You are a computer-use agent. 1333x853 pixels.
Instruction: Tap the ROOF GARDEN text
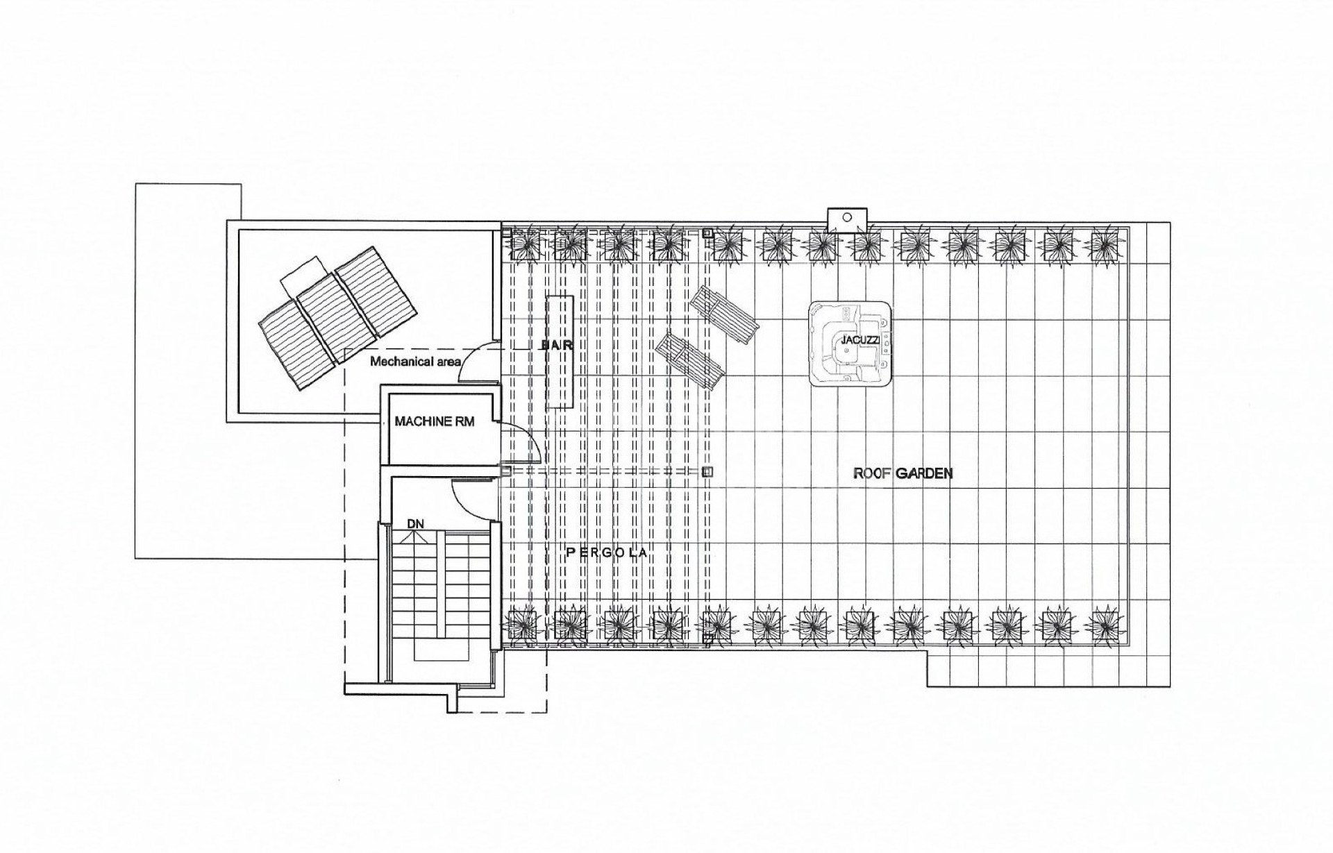point(903,474)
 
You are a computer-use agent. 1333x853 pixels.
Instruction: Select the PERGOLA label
point(607,552)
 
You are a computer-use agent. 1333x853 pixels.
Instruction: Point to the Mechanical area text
point(416,362)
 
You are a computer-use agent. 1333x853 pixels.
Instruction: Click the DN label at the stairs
point(416,524)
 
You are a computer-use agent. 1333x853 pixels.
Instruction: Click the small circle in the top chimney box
point(847,217)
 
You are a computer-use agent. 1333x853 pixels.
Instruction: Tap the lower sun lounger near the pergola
point(691,360)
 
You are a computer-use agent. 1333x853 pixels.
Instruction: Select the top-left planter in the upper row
point(524,242)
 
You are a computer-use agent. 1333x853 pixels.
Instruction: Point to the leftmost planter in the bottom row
point(524,624)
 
